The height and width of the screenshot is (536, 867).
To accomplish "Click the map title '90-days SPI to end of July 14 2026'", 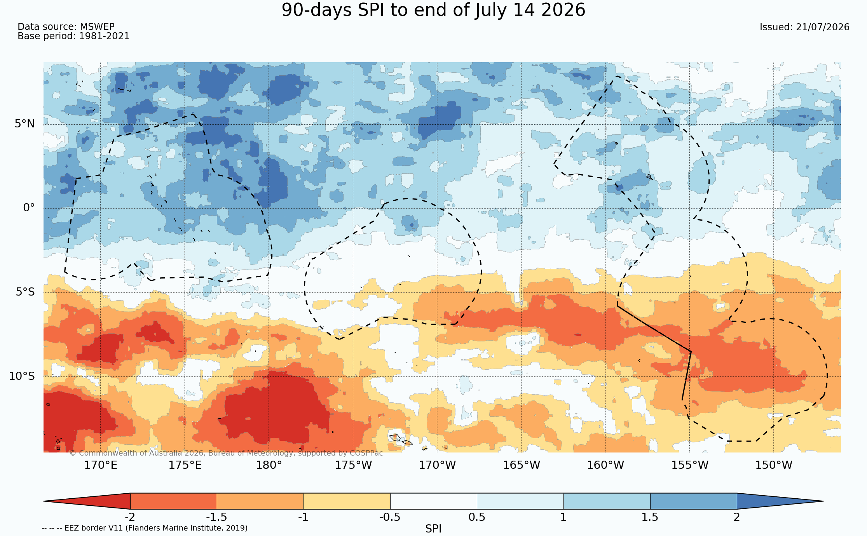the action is pyautogui.click(x=433, y=10).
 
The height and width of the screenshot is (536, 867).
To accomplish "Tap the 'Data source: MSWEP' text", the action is pyautogui.click(x=66, y=27).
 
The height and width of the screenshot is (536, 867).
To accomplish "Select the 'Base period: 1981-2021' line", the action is pyautogui.click(x=73, y=36).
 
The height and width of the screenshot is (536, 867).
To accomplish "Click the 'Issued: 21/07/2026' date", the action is pyautogui.click(x=804, y=27).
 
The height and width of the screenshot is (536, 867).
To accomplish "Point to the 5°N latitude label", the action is pyautogui.click(x=25, y=124).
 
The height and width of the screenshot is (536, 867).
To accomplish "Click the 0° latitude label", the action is pyautogui.click(x=29, y=208).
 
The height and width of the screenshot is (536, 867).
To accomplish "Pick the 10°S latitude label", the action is pyautogui.click(x=22, y=376).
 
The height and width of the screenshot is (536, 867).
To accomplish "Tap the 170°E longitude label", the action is pyautogui.click(x=101, y=465).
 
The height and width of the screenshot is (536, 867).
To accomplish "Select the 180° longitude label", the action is pyautogui.click(x=269, y=465).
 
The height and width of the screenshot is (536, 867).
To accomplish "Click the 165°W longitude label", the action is pyautogui.click(x=522, y=465).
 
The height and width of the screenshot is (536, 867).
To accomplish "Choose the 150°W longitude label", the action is pyautogui.click(x=773, y=465).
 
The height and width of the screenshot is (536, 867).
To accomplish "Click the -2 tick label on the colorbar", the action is pyautogui.click(x=130, y=517).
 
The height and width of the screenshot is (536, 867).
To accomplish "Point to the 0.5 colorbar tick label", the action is pyautogui.click(x=477, y=517).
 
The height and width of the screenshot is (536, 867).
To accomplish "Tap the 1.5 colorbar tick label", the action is pyautogui.click(x=650, y=517).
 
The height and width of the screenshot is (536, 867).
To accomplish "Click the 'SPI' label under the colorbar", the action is pyautogui.click(x=433, y=529).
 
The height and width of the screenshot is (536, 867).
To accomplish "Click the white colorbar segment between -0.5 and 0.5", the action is pyautogui.click(x=433, y=501).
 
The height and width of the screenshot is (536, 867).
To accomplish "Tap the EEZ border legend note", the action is pyautogui.click(x=145, y=528).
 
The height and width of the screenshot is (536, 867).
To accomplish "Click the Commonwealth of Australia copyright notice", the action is pyautogui.click(x=226, y=453).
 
